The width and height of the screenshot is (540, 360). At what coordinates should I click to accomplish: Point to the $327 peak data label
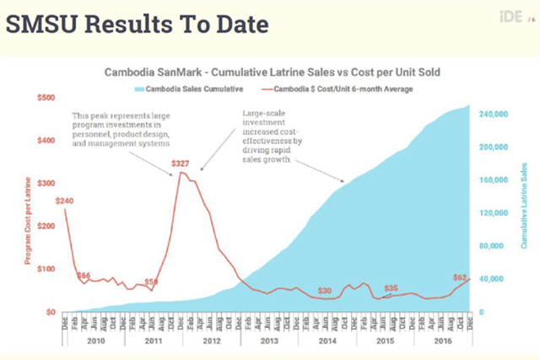(181, 162)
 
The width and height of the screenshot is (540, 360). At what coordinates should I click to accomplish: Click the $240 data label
(66, 201)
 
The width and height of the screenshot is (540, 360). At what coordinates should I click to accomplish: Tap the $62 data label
(458, 277)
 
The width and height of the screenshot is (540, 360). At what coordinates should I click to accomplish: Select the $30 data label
(324, 291)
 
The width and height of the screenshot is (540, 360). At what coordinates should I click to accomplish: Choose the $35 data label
(391, 288)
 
